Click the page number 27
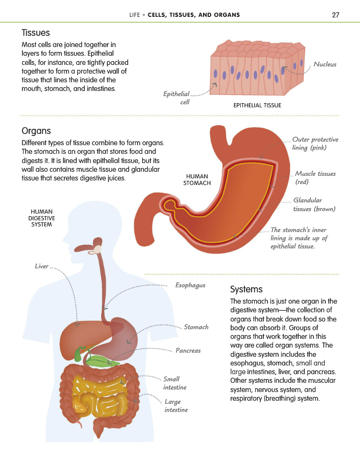[335, 15]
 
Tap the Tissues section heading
[36, 33]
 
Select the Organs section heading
[36, 131]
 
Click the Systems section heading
[246, 289]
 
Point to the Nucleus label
[325, 64]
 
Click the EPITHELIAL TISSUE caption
[257, 106]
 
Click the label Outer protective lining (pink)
[315, 144]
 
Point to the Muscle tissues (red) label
[315, 178]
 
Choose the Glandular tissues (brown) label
[314, 204]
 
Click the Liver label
[41, 266]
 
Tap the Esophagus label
[190, 285]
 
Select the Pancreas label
[188, 351]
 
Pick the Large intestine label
[176, 406]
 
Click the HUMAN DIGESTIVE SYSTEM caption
[41, 218]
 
